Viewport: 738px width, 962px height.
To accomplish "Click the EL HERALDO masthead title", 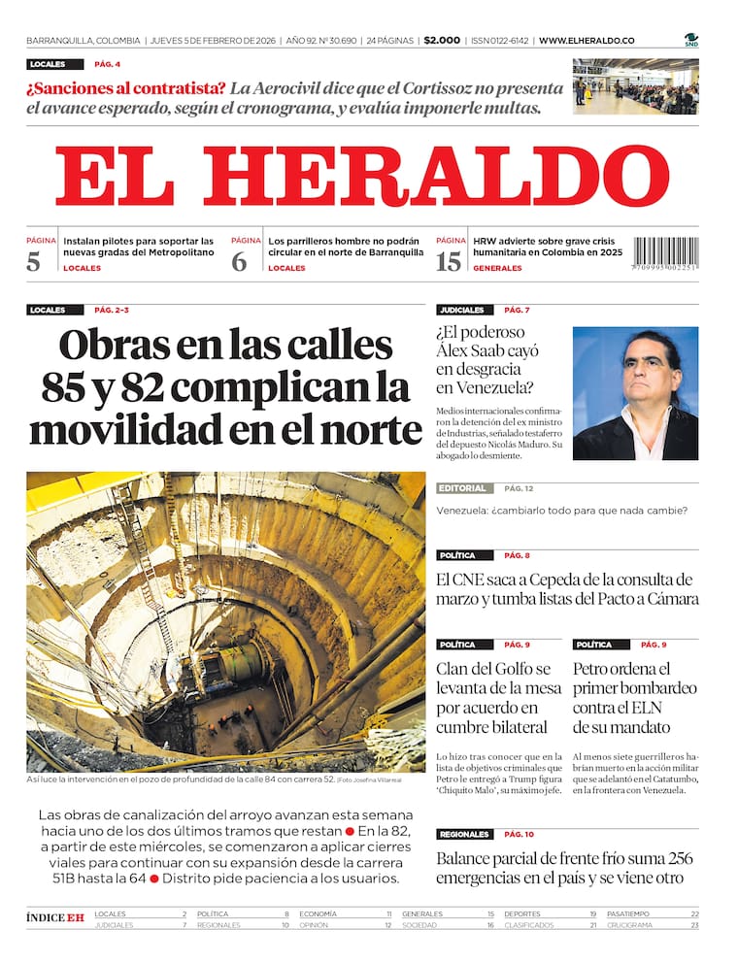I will pyautogui.click(x=361, y=177).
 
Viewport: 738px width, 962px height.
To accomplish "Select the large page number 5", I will pyautogui.click(x=34, y=261).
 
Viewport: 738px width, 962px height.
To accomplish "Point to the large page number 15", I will pyautogui.click(x=449, y=261).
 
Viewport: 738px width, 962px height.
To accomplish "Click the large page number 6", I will pyautogui.click(x=239, y=261).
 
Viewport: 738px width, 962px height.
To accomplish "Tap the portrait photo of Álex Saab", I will pyautogui.click(x=635, y=393).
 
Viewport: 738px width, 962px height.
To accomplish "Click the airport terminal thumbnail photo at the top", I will pyautogui.click(x=635, y=86).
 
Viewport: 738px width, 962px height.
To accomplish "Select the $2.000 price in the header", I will pyautogui.click(x=442, y=41).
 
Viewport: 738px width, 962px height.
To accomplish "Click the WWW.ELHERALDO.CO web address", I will pyautogui.click(x=587, y=41).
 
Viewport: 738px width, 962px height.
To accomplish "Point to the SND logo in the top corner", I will pyautogui.click(x=690, y=40).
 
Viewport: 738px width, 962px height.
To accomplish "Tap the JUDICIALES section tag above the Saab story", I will pyautogui.click(x=461, y=311).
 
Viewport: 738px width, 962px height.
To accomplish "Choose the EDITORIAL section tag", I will pyautogui.click(x=462, y=488).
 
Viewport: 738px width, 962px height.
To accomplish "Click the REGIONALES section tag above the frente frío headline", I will pyautogui.click(x=463, y=835).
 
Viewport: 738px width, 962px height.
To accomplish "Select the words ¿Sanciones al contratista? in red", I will pyautogui.click(x=126, y=88).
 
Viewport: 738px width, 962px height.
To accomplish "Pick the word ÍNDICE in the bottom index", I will pyautogui.click(x=45, y=917).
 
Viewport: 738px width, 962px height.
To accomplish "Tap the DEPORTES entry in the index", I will pyautogui.click(x=522, y=914).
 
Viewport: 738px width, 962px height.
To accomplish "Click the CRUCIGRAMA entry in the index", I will pyautogui.click(x=629, y=925).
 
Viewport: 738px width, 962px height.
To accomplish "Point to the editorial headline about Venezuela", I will pyautogui.click(x=562, y=511).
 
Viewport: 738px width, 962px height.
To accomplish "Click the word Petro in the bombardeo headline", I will pyautogui.click(x=593, y=669).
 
